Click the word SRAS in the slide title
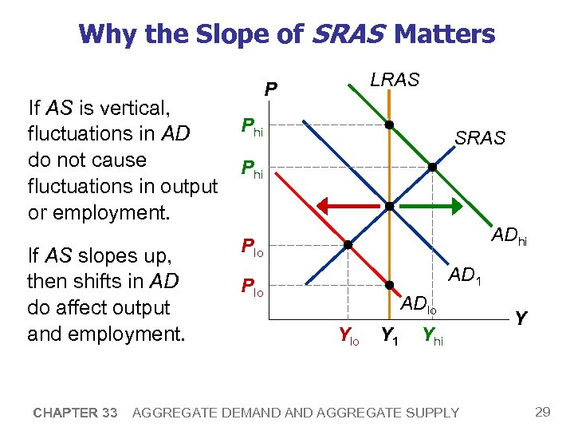click(x=348, y=34)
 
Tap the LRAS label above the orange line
click(x=396, y=80)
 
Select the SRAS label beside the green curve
click(x=480, y=138)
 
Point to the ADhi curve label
click(x=513, y=235)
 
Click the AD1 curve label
click(x=470, y=276)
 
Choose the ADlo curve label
click(x=419, y=303)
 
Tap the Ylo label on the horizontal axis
click(x=348, y=337)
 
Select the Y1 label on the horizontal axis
click(x=388, y=336)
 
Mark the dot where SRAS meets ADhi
click(x=431, y=168)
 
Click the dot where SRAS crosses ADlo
click(x=348, y=244)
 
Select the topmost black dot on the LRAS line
click(x=388, y=125)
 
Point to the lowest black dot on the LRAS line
click(x=388, y=285)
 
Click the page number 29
click(x=542, y=412)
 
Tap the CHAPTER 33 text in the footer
click(x=76, y=413)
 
